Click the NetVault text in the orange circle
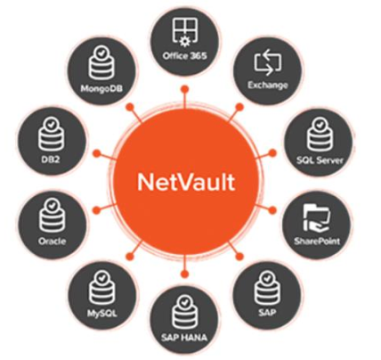pos(186,182)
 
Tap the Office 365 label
pos(184,55)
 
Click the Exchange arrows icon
pos(268,63)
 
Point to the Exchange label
pos(268,86)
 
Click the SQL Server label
pos(320,160)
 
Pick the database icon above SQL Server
pos(319,135)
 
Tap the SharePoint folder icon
pos(316,217)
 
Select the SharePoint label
pos(317,241)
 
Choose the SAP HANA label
pos(184,337)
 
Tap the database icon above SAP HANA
pos(184,312)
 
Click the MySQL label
pos(101,314)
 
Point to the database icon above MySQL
pos(101,287)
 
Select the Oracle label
pos(52,241)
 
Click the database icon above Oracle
pos(51,216)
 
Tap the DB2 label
pos(51,160)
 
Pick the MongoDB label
pos(101,88)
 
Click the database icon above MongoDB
pos(101,63)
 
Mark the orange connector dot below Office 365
pos(185,89)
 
